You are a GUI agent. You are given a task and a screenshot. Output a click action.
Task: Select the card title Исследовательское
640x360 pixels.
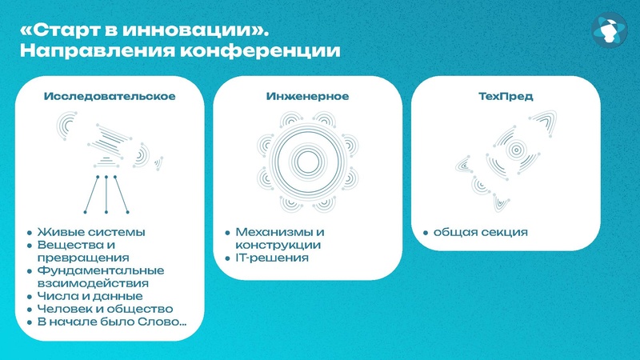(x=110, y=96)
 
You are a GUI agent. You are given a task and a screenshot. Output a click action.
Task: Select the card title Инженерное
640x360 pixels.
(x=307, y=96)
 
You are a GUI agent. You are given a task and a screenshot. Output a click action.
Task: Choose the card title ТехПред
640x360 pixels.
(x=506, y=96)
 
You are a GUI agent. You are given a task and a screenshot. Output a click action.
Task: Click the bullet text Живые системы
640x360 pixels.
(x=92, y=233)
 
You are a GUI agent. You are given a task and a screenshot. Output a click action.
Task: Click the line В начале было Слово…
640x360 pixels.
(x=113, y=322)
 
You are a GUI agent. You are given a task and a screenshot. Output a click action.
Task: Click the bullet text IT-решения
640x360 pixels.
(x=271, y=258)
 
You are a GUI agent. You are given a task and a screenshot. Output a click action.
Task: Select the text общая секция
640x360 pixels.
(x=480, y=233)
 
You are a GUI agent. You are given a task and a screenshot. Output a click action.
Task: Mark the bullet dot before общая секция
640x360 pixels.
(x=426, y=234)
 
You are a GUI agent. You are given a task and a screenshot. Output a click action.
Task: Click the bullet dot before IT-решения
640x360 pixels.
(x=228, y=259)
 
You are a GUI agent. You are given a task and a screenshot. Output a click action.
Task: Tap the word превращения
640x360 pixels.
(x=83, y=258)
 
